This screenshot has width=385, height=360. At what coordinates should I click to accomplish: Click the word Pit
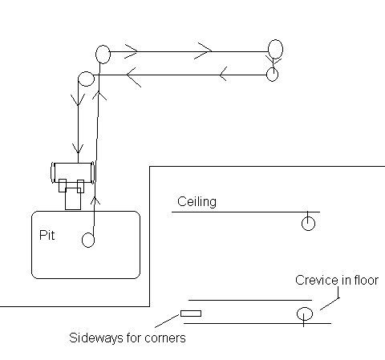(x=47, y=235)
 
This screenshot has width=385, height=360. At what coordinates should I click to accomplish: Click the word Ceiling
(x=197, y=202)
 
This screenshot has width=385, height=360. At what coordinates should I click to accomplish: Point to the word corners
(x=165, y=338)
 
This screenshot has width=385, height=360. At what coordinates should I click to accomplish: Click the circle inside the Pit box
(x=88, y=240)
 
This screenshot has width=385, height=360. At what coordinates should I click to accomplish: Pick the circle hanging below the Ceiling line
(x=308, y=224)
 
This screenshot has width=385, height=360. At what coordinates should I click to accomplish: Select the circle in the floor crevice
(x=305, y=313)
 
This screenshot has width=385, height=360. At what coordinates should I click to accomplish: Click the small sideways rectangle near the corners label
(x=191, y=313)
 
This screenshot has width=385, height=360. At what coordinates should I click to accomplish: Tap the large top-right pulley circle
(x=275, y=49)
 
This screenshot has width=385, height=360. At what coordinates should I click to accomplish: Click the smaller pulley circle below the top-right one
(x=273, y=75)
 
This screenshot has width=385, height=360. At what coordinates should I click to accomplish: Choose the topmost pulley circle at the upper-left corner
(x=103, y=55)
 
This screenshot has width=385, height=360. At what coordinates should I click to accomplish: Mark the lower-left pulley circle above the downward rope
(x=86, y=79)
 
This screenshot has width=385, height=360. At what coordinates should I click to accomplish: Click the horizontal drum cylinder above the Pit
(x=73, y=172)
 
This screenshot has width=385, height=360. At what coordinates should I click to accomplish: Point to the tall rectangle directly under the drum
(x=73, y=199)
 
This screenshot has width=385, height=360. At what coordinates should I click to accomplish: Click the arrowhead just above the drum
(x=78, y=148)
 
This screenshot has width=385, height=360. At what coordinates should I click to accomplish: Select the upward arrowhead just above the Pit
(x=95, y=200)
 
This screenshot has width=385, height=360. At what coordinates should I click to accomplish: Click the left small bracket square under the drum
(x=63, y=185)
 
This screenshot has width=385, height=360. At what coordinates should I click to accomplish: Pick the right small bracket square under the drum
(x=80, y=186)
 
